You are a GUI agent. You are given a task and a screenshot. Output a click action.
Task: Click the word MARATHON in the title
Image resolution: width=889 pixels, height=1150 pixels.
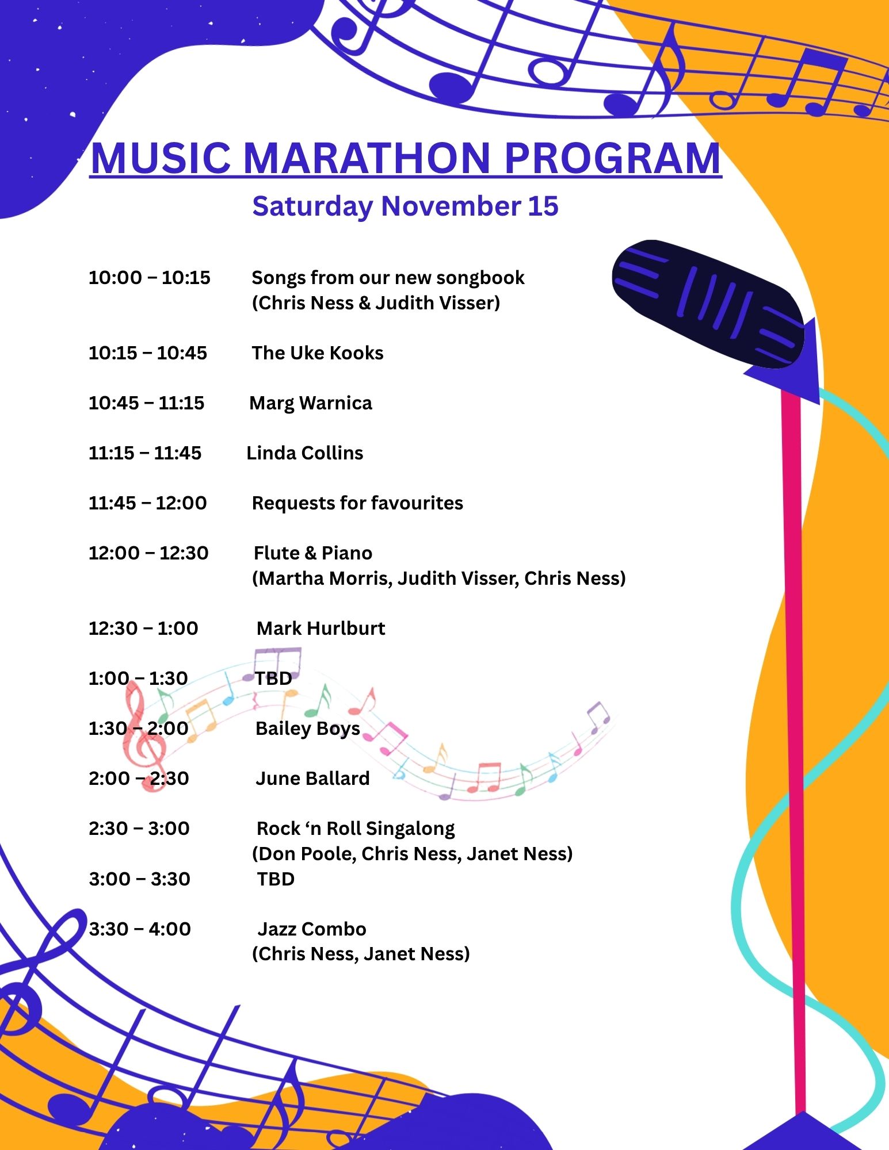pos(367,158)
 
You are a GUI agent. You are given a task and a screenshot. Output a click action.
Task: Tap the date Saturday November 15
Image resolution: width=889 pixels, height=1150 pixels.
pos(405,206)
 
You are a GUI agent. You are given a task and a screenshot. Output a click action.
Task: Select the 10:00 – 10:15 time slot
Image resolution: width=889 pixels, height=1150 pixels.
pos(150,278)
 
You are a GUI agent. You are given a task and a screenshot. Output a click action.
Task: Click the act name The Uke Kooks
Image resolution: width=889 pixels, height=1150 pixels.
pos(318,353)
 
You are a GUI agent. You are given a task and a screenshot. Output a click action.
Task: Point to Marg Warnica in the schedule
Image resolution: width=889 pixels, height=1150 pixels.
pos(311,404)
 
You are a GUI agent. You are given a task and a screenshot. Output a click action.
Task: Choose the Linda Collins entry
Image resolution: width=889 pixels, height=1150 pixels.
pos(305,453)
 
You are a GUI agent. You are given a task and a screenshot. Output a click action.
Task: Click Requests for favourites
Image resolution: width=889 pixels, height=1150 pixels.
pos(357,503)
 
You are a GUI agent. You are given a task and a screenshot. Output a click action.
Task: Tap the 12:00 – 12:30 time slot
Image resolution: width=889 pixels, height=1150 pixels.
pos(148,553)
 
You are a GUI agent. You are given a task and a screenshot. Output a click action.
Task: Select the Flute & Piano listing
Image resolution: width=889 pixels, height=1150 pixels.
pos(313,553)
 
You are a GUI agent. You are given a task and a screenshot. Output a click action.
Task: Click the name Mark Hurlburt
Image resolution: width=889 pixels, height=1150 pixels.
pos(321,628)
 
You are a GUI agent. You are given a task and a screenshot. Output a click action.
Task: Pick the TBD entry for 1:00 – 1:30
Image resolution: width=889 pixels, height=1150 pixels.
pos(274,678)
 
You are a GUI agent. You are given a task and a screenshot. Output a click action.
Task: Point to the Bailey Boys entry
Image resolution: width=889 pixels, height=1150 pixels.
pos(308,729)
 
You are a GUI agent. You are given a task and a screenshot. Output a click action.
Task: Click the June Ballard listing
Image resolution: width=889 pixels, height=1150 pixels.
pos(312,779)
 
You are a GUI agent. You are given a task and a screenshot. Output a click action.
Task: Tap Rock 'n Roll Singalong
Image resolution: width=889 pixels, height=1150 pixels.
pos(356,829)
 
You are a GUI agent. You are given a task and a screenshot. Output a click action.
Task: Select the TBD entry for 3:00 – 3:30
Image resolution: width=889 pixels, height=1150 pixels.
pos(276,879)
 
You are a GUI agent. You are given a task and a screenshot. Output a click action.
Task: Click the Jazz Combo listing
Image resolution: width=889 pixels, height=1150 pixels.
pos(312,929)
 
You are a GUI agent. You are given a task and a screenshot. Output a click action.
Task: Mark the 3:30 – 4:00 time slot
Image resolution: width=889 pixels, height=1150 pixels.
pos(140,929)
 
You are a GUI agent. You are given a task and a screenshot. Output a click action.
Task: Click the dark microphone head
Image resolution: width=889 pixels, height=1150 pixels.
pos(708,303)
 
